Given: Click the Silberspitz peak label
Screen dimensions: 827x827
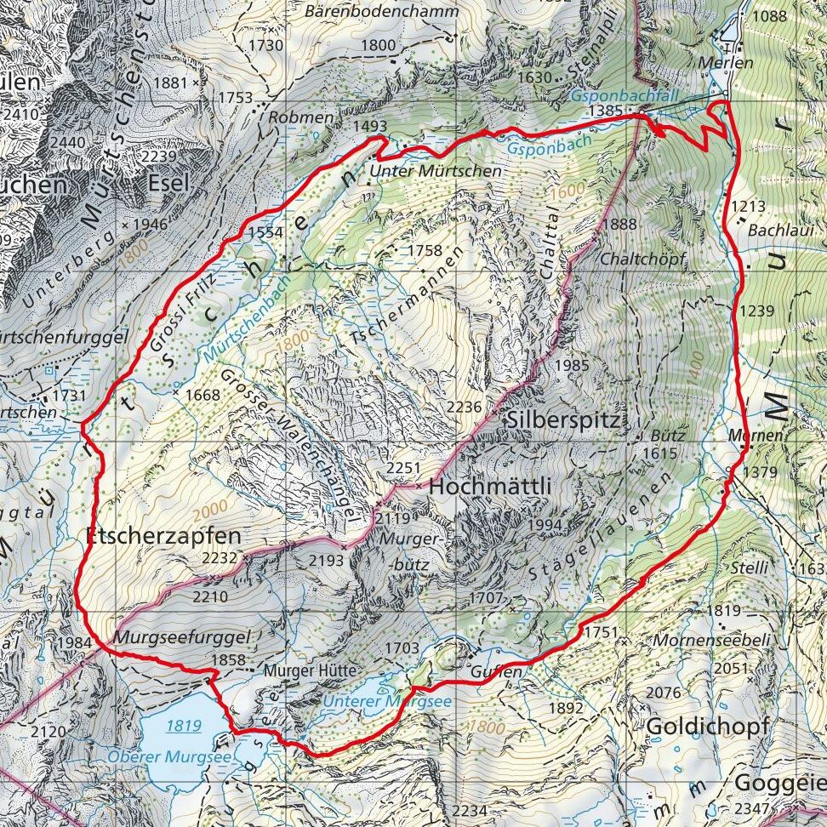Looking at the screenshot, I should click(x=565, y=419).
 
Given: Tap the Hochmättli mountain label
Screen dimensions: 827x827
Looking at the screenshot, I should click(x=490, y=487).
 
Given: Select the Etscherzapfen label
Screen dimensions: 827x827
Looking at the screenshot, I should click(x=164, y=536).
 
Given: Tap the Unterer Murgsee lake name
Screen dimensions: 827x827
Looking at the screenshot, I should click(x=387, y=702).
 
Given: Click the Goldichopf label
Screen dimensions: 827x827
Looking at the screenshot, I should click(x=708, y=727).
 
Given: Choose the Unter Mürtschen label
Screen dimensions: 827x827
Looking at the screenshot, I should click(x=436, y=171).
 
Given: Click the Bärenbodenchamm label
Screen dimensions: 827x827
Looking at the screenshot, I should click(x=381, y=12).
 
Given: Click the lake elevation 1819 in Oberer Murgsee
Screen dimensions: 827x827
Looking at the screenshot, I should click(x=183, y=726).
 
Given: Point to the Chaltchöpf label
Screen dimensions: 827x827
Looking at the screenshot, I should click(x=643, y=259).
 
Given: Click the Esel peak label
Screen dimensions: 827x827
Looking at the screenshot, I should click(x=168, y=184).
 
